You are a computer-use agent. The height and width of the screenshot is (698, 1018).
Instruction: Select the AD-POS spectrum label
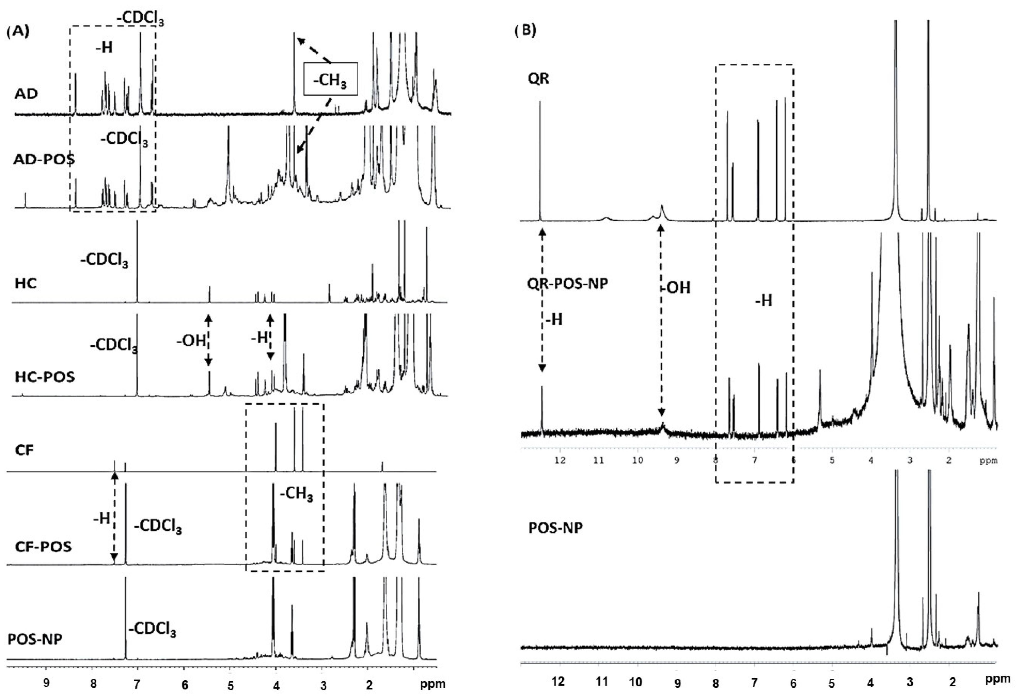[x=44, y=160]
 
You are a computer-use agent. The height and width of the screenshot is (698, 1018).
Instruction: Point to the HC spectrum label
[x=25, y=284]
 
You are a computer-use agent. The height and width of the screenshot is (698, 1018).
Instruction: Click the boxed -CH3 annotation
[x=331, y=79]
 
